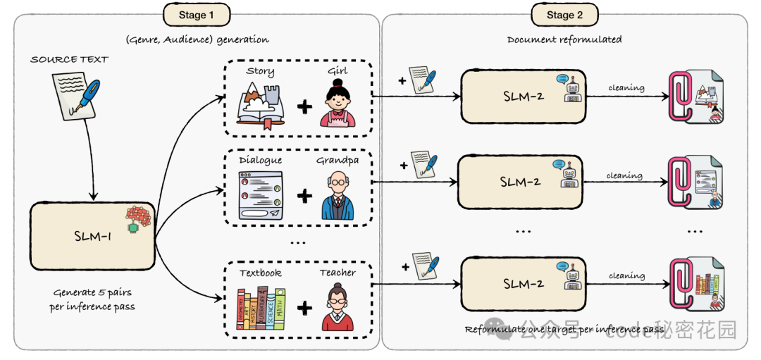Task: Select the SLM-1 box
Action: click(92, 235)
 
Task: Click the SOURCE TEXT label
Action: click(69, 59)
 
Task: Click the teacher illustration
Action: click(338, 306)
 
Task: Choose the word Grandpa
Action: click(338, 160)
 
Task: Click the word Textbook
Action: click(260, 273)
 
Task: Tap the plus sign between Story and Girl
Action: click(304, 107)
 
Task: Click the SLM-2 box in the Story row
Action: click(522, 96)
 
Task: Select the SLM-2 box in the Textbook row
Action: click(522, 284)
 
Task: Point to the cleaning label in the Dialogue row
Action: click(624, 175)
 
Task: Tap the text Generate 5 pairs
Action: click(91, 292)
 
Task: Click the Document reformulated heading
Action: click(564, 39)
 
